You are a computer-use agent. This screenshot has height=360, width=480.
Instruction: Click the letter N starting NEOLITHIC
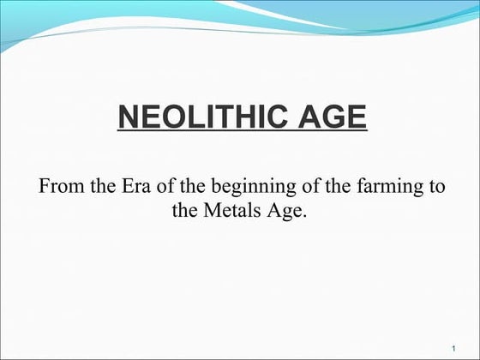(x=126, y=116)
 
